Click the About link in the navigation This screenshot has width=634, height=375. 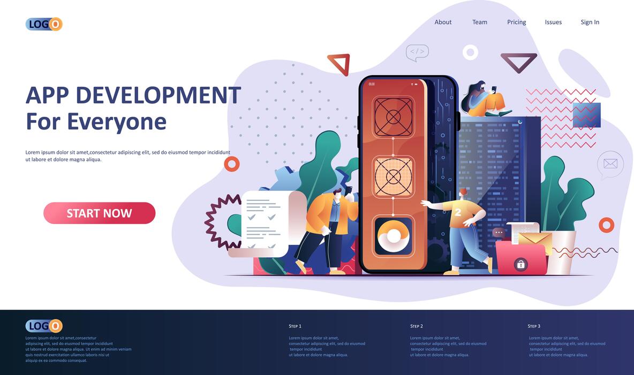tap(443, 22)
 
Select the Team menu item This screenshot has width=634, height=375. tap(480, 22)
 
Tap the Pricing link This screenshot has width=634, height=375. tap(517, 22)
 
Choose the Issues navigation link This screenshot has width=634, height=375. tap(553, 22)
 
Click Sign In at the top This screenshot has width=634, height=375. tap(590, 22)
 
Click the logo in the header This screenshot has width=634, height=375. tap(44, 24)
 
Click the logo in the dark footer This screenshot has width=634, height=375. tap(44, 326)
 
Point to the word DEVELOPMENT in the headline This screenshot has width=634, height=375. tap(158, 95)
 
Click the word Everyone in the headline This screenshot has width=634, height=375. tap(117, 121)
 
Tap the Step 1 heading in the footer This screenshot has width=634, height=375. tap(295, 326)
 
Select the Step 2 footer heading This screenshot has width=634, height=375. tap(417, 326)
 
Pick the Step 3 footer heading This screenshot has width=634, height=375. tap(534, 326)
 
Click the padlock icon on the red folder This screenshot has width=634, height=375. tap(520, 264)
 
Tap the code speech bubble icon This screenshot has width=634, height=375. tap(417, 52)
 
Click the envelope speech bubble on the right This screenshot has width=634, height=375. tap(610, 163)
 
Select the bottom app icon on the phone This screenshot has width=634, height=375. tap(394, 236)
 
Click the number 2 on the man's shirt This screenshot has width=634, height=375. tap(458, 212)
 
